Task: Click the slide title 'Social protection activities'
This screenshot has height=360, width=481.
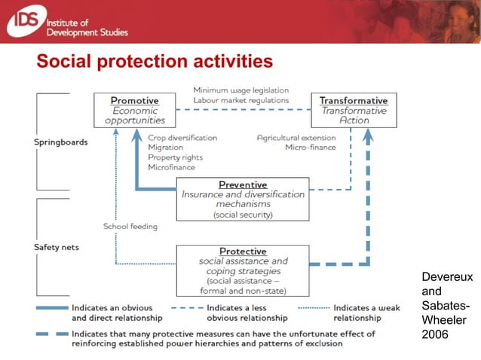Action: (x=155, y=61)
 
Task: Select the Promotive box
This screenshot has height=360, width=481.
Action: (x=134, y=110)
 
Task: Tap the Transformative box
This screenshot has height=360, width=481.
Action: (x=354, y=110)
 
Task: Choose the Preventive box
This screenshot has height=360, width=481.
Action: (x=243, y=199)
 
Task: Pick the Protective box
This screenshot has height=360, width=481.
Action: (x=243, y=270)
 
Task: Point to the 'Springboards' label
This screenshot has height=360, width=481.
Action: (x=60, y=142)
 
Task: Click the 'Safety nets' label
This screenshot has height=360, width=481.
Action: (x=56, y=246)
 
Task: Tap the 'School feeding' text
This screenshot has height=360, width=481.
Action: (x=130, y=226)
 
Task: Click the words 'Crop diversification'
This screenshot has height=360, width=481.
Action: (x=182, y=138)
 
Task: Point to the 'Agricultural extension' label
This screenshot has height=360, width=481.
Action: (x=296, y=138)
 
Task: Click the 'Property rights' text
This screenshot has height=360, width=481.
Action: (x=174, y=157)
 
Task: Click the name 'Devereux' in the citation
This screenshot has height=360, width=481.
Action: (x=447, y=277)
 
